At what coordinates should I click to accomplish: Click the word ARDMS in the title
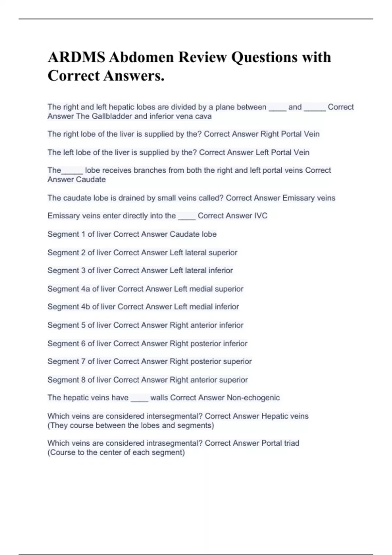(x=76, y=57)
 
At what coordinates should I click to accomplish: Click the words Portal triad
(x=280, y=443)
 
